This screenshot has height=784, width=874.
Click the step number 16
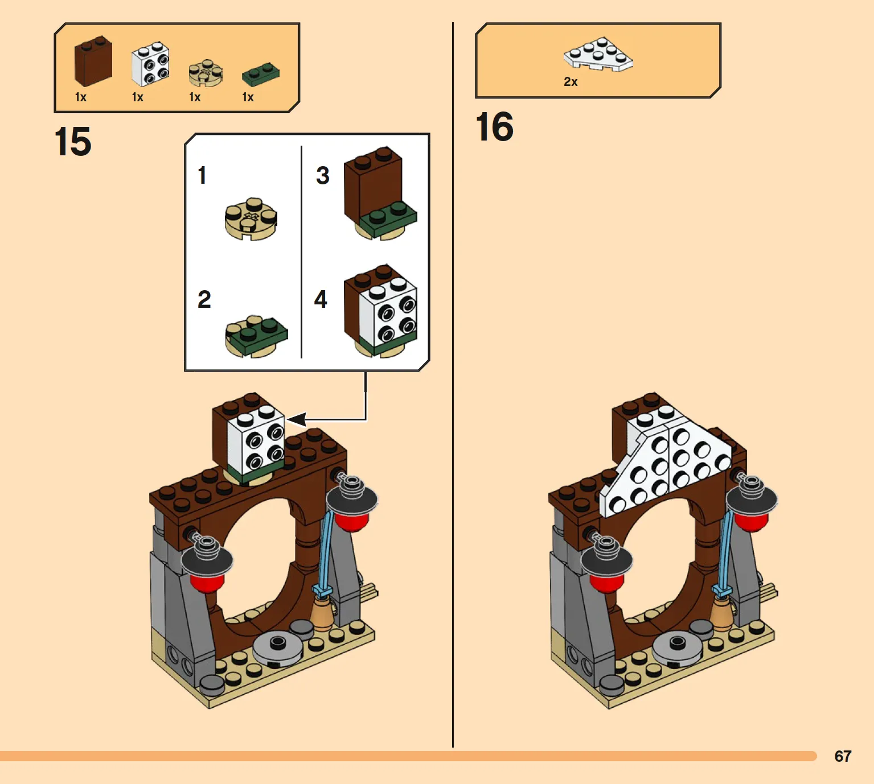[x=495, y=126]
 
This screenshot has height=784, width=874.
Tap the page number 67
[x=843, y=756]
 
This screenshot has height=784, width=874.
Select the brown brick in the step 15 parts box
[x=93, y=61]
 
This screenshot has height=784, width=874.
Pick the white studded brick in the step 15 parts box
[x=150, y=64]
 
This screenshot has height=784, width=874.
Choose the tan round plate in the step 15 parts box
[x=206, y=72]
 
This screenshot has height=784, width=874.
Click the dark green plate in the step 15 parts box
[x=261, y=74]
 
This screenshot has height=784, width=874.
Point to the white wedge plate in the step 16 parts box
[x=598, y=54]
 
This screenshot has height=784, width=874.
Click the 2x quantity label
[x=571, y=81]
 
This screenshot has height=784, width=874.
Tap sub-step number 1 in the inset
[x=202, y=175]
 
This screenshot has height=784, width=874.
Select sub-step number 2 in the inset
[x=204, y=299]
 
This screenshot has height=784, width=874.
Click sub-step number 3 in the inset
[x=323, y=175]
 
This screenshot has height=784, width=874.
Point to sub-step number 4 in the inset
[x=321, y=299]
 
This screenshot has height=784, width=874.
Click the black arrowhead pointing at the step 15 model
[x=297, y=419]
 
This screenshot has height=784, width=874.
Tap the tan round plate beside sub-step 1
[x=251, y=219]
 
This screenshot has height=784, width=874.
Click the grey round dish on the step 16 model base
[x=677, y=646]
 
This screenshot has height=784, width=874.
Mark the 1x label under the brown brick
[x=81, y=97]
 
